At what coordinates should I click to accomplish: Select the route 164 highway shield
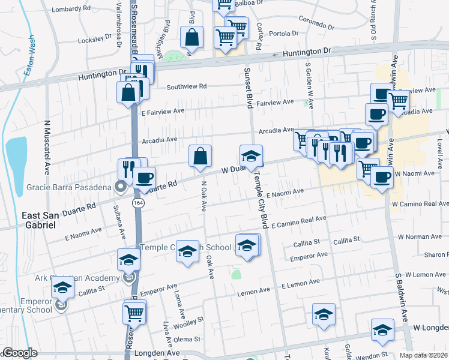pyautogui.click(x=139, y=203)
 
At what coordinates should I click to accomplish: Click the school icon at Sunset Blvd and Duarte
pyautogui.click(x=251, y=156)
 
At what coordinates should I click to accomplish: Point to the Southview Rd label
pyautogui.click(x=187, y=86)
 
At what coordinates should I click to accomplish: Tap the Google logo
pyautogui.click(x=20, y=353)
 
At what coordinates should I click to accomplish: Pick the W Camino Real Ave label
pyautogui.click(x=420, y=204)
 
